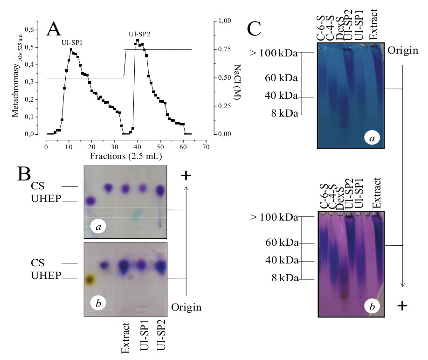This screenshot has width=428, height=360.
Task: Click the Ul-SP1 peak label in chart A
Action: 72,42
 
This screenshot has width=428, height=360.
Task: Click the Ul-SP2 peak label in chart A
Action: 139,34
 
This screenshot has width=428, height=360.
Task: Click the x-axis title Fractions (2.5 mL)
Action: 124,155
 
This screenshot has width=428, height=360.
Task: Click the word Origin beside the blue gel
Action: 403,50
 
